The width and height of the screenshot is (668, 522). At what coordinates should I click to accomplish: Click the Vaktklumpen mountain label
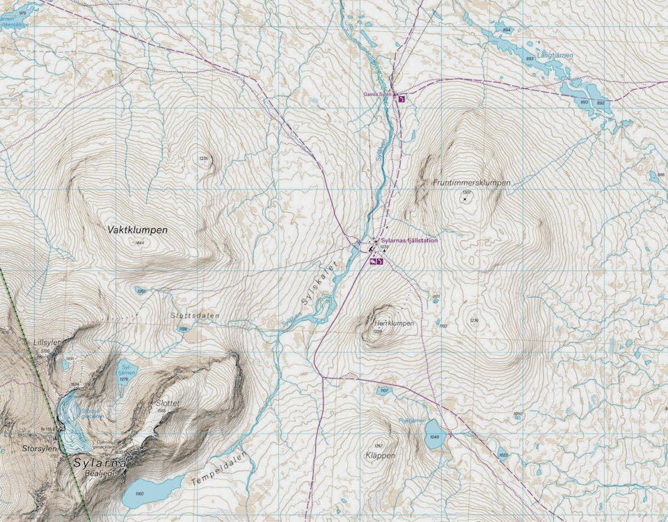click(x=138, y=228)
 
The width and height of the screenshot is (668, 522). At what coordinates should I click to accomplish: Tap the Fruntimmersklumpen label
click(x=471, y=182)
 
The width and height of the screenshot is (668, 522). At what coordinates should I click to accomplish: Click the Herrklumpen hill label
click(x=394, y=324)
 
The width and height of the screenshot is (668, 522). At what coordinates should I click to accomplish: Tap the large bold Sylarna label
click(x=100, y=462)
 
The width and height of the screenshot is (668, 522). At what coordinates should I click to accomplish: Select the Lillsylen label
click(x=47, y=342)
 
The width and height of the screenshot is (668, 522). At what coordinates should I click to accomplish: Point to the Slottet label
click(x=168, y=403)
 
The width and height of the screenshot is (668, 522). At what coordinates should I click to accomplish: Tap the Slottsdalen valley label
click(x=195, y=315)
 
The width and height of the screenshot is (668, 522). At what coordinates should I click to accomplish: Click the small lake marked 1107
click(x=383, y=391)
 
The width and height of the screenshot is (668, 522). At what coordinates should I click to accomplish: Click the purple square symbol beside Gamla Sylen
click(x=401, y=99)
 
